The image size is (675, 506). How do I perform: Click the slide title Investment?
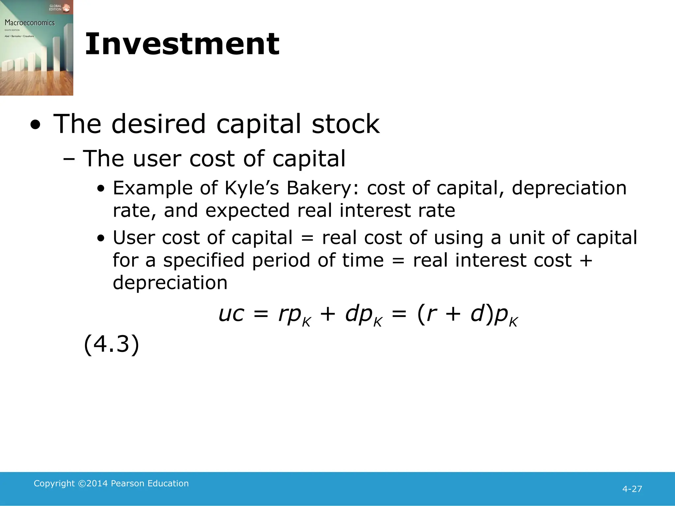[182, 44]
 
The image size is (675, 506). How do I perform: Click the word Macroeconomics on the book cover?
[30, 23]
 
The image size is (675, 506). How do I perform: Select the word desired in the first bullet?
[159, 124]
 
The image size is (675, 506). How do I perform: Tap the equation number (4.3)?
[111, 344]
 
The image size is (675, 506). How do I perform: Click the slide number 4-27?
[632, 489]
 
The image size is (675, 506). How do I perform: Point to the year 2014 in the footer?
[97, 483]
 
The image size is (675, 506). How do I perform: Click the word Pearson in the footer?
[128, 483]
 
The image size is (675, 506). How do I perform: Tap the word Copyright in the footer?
[54, 483]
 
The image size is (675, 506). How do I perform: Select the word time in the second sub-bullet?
[363, 260]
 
